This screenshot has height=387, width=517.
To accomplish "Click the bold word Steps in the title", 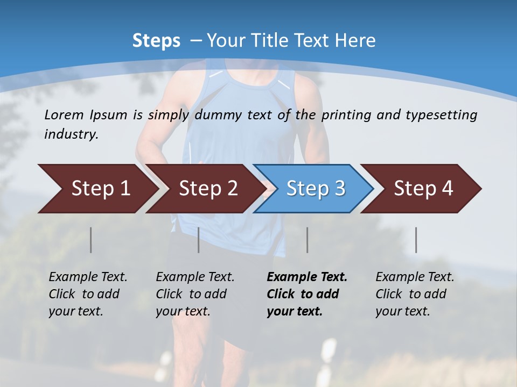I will (156, 41).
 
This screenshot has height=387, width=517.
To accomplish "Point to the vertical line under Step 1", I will (91, 240).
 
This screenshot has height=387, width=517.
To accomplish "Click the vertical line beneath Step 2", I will (199, 240).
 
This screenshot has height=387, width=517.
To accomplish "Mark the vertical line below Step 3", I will (308, 240).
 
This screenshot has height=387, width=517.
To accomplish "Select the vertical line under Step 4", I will (416, 240).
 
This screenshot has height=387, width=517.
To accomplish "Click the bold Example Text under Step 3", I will (307, 277).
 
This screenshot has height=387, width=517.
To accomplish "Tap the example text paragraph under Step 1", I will (88, 294).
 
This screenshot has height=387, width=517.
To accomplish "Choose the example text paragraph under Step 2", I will (195, 294).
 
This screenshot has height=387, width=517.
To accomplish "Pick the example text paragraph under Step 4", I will (415, 294).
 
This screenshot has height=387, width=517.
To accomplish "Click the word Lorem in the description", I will (64, 114).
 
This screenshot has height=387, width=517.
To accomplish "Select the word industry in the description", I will (71, 134).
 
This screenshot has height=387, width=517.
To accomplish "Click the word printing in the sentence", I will (347, 115).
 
